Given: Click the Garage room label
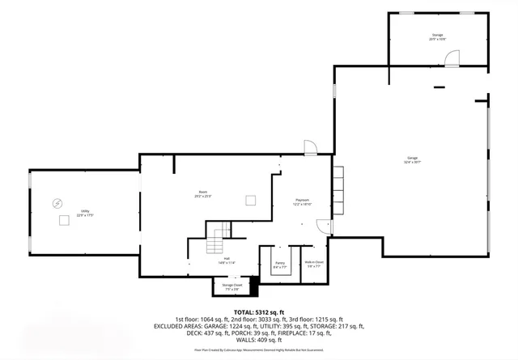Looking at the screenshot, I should click(x=413, y=159).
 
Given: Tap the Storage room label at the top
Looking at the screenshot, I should click(x=438, y=37).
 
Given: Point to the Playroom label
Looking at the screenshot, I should click(x=302, y=202).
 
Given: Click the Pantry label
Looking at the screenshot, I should click(x=280, y=264).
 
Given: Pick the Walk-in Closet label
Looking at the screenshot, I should click(x=314, y=264).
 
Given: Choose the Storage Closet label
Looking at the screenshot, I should click(x=232, y=286).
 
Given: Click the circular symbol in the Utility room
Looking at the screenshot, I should click(x=57, y=202).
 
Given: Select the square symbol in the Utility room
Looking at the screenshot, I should click(x=63, y=219).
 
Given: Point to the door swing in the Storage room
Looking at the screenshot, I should click(x=452, y=58).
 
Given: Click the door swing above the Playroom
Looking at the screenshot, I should click(x=310, y=146).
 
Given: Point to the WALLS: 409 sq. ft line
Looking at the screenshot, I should click(x=259, y=341).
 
